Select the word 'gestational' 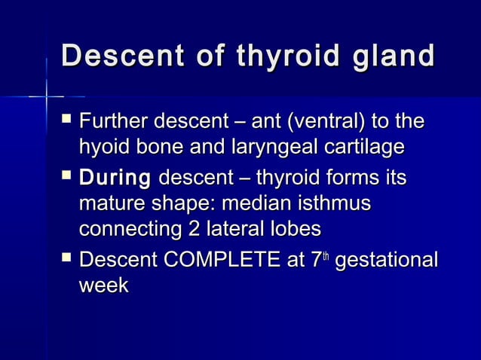coord(386,262)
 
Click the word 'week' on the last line coord(104,286)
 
